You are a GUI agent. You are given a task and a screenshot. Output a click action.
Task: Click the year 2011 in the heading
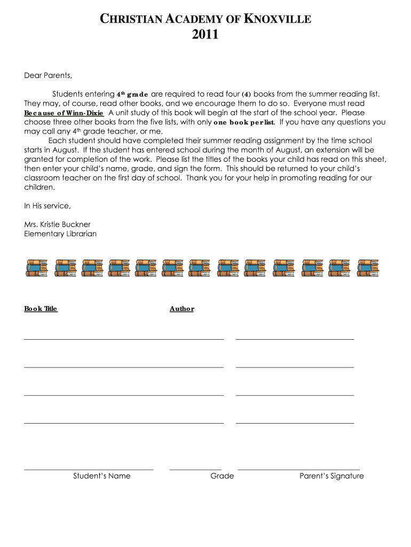point(205,35)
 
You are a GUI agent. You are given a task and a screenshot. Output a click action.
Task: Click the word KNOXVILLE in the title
point(277,20)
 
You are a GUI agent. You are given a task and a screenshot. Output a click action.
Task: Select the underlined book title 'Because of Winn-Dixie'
point(64,113)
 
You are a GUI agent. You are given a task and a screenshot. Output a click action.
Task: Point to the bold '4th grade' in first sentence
point(132,94)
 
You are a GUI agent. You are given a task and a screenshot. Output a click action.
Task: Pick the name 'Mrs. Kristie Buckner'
point(58,224)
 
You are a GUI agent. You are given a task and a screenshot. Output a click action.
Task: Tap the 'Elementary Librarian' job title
point(60,234)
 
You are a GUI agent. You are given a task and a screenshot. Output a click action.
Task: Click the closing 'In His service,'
point(48,206)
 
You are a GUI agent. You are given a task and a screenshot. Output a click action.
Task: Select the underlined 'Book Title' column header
point(41,309)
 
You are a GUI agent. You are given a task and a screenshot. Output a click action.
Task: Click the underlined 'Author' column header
point(181,309)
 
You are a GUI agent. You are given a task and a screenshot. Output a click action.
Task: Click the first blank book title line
point(123,339)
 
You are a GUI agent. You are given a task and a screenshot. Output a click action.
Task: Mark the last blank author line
point(295,423)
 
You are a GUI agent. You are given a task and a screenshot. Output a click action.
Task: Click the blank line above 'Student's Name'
point(89,470)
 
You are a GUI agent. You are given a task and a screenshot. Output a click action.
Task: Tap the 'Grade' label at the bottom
point(222,476)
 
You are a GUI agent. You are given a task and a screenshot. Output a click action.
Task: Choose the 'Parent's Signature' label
point(331,476)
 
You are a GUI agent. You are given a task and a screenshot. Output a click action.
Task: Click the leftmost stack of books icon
point(36,268)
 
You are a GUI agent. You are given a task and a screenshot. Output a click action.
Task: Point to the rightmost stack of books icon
point(368,268)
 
